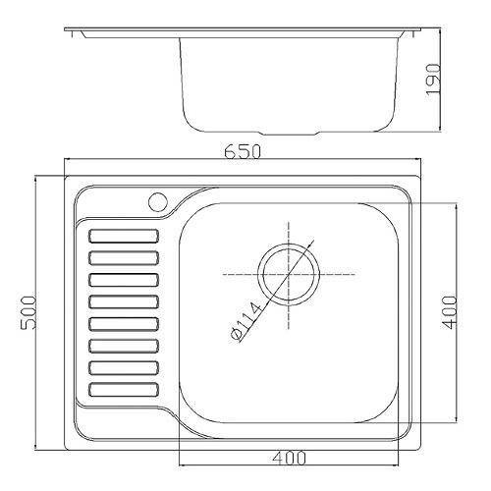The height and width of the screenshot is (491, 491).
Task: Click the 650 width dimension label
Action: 243,151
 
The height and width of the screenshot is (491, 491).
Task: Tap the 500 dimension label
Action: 28,312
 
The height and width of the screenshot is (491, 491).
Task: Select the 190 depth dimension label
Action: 433,80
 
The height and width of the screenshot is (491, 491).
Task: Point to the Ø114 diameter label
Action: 246,322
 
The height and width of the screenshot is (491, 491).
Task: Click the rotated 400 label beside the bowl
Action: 449,312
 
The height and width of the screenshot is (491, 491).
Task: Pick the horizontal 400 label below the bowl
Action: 290,458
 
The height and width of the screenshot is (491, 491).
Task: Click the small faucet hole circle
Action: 158,202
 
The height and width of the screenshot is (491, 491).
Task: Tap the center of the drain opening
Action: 289,274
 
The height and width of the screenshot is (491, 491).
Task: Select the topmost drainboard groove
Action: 124,236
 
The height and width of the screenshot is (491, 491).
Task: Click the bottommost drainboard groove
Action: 124,390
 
